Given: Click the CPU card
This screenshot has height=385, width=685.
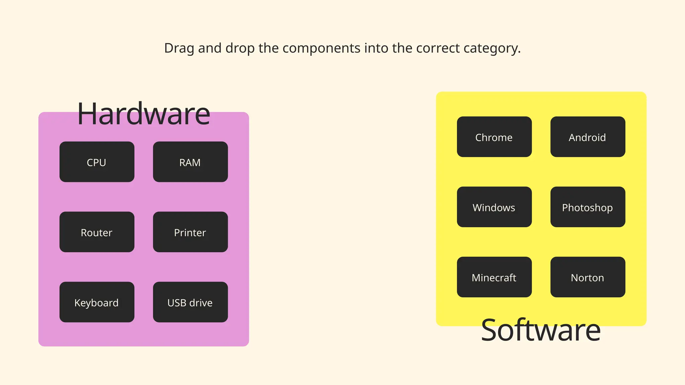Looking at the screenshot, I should [x=97, y=162].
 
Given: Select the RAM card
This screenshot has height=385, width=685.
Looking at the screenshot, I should [x=190, y=162].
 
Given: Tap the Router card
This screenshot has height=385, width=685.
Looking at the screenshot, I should [x=97, y=232].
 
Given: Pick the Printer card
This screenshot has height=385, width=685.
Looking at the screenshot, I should [x=190, y=232].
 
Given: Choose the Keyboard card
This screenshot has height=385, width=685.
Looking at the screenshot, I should [x=97, y=302].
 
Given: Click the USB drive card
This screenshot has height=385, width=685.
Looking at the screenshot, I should [x=190, y=302].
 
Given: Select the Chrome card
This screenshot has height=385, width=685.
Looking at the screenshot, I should [x=494, y=137].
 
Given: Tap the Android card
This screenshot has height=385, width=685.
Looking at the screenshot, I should [x=588, y=137].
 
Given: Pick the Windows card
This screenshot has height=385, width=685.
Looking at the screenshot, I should [x=494, y=207].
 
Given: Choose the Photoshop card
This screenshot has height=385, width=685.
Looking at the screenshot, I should [x=588, y=207].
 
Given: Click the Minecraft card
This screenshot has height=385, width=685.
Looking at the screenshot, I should [x=494, y=277].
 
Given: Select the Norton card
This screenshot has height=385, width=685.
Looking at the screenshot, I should [x=588, y=277].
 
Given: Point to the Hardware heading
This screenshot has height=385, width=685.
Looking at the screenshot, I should [x=143, y=114].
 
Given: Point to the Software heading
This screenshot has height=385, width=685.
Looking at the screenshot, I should [x=541, y=330].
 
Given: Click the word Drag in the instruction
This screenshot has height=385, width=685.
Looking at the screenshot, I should [x=179, y=48].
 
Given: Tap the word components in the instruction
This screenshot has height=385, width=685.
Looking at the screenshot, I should [x=321, y=48].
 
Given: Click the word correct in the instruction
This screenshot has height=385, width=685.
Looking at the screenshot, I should [x=438, y=48].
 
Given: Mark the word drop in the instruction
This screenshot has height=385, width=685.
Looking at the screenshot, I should [x=240, y=48].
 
